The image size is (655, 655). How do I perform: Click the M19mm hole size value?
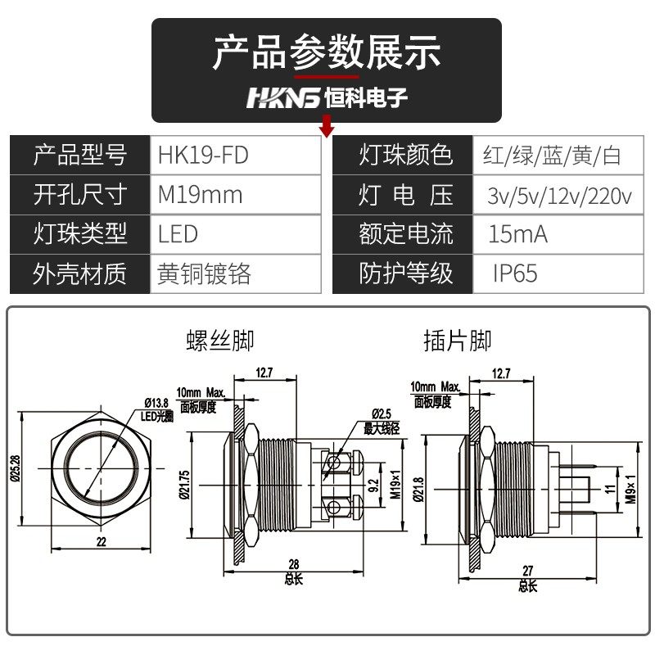point(201,195)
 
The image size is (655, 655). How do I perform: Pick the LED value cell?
point(179,234)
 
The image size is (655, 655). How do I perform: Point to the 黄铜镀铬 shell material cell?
point(205,273)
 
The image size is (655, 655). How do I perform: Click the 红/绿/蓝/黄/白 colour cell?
point(552,155)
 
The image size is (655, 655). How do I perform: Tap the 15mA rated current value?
point(518,234)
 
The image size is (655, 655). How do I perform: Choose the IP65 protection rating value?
point(515,273)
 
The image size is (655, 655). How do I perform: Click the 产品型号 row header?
point(80,155)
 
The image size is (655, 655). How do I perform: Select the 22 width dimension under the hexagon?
point(102,542)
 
